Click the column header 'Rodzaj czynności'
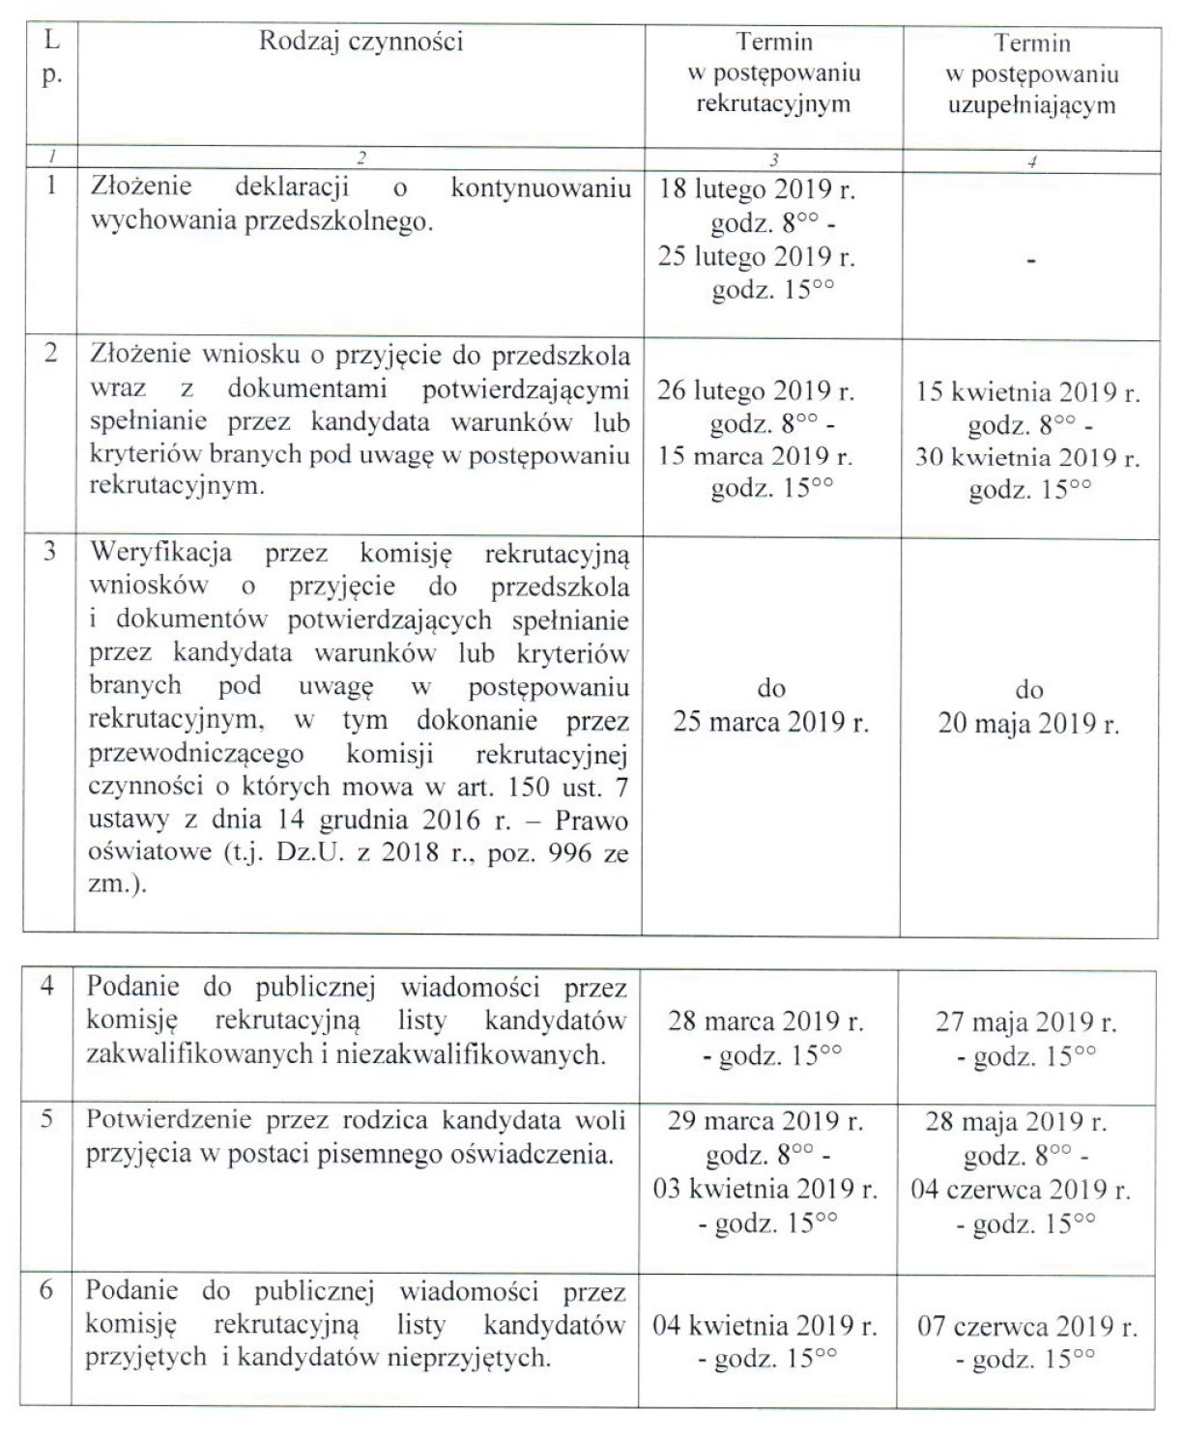[361, 42]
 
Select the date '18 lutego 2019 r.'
[757, 188]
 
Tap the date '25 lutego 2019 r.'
[757, 256]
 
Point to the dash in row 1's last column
[1031, 260]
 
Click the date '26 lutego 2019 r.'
[756, 390]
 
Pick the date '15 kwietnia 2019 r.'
[1028, 393]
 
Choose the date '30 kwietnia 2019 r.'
[1027, 457]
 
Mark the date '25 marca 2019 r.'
[771, 722]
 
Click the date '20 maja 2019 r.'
[1028, 724]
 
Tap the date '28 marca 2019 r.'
[765, 1021]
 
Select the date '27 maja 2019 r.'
[1025, 1022]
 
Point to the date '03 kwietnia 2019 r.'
[765, 1189]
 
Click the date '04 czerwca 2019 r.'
[1021, 1190]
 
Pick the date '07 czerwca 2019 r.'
[1027, 1326]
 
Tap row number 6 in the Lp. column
[45, 1290]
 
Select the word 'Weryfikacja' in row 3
[160, 553]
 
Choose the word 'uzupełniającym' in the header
[1031, 104]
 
